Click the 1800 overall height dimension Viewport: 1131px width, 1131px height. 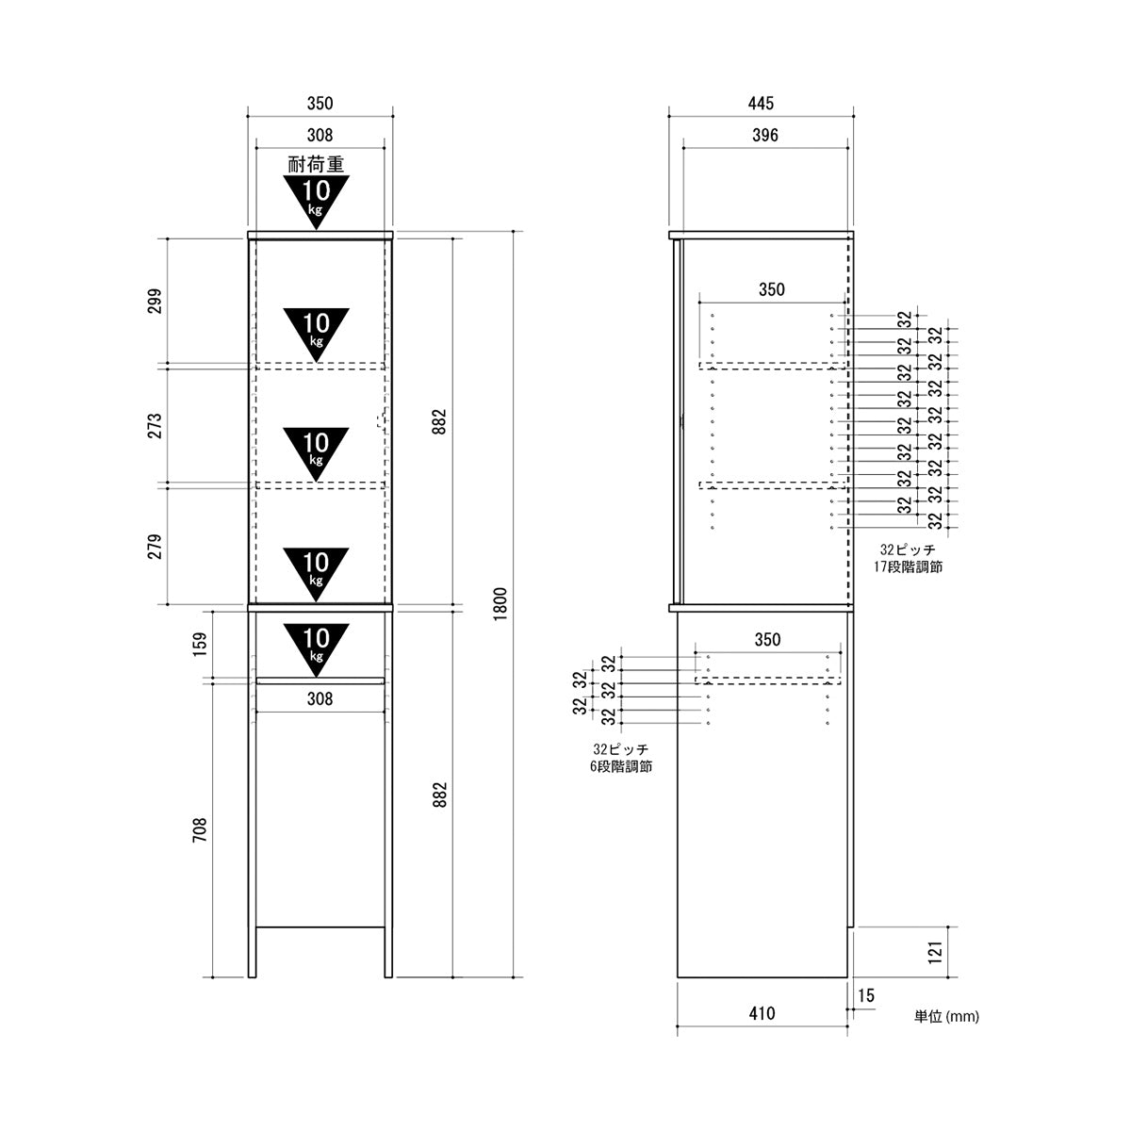500,604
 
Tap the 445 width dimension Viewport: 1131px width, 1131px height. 761,104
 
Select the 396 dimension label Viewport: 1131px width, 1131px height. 765,136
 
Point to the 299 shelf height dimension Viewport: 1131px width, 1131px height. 155,301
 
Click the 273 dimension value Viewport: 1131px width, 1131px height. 155,426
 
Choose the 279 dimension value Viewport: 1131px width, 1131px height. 155,546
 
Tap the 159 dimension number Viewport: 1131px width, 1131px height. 200,644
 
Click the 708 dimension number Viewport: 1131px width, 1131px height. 200,830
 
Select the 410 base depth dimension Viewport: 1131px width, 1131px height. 762,1013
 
